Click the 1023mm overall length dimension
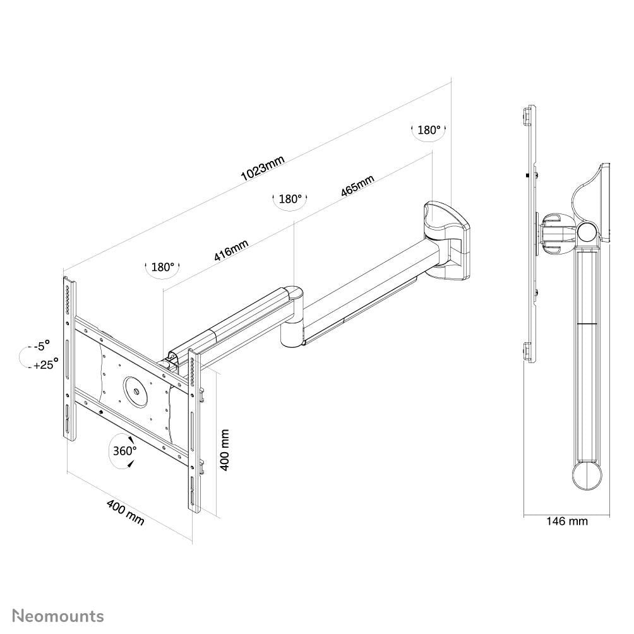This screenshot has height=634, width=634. tap(263, 169)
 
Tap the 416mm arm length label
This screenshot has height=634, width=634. tap(230, 251)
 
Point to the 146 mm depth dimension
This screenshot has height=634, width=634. tap(566, 522)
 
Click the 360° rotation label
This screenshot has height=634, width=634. tap(125, 451)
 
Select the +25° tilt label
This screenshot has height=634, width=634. tap(44, 364)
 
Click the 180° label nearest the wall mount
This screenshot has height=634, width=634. tap(429, 130)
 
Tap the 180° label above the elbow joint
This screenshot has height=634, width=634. tap(290, 199)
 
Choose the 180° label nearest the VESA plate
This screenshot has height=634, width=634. tap(163, 267)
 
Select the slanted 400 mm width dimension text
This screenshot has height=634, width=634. tap(125, 512)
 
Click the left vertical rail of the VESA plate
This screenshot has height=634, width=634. tap(69, 357)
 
